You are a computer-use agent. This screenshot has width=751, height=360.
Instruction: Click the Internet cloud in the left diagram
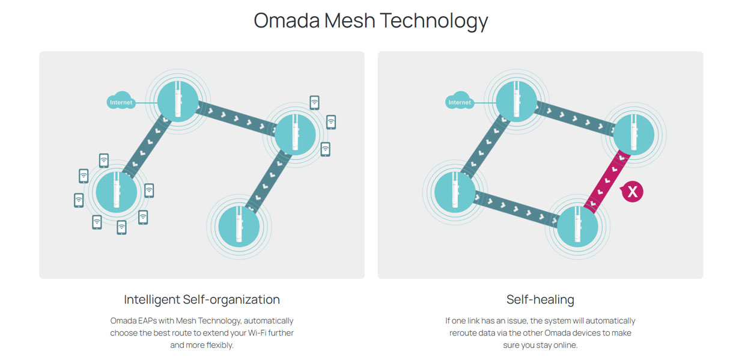121,102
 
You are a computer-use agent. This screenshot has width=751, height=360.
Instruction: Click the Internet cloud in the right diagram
460,102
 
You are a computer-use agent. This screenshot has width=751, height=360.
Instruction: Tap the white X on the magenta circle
632,192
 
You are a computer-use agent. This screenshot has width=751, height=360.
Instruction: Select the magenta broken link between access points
607,180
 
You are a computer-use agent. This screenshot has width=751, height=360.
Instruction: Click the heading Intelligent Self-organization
202,299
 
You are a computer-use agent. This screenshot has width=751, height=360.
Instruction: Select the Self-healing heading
540,299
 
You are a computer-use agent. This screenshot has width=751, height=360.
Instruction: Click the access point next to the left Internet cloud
177,102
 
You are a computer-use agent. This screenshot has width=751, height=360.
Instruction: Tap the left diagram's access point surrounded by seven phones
117,191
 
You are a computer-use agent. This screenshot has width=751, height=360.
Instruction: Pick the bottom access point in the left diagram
239,227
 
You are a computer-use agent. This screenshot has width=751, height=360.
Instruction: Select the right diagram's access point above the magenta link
634,134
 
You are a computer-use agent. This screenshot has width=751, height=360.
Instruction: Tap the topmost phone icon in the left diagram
315,103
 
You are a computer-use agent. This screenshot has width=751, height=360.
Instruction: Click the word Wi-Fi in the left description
255,333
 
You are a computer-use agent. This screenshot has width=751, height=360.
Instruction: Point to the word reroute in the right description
464,333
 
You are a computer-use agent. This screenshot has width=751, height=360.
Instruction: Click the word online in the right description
564,346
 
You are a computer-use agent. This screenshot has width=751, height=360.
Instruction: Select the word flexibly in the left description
216,346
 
